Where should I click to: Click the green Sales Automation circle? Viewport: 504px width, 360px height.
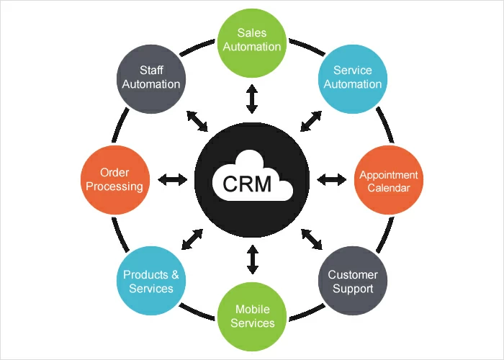pyautogui.click(x=251, y=40)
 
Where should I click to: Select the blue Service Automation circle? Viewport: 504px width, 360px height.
pyautogui.click(x=353, y=76)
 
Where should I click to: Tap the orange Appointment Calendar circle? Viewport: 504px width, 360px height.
pyautogui.click(x=389, y=180)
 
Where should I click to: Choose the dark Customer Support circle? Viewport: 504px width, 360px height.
pyautogui.click(x=352, y=282)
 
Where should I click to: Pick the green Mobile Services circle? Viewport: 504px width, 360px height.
pyautogui.click(x=252, y=316)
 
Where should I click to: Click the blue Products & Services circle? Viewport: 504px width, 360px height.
pyautogui.click(x=151, y=282)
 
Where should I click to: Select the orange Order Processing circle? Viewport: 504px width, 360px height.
pyautogui.click(x=114, y=180)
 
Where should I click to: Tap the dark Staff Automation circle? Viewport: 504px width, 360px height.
pyautogui.click(x=151, y=76)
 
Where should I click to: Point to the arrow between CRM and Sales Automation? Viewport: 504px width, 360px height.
pyautogui.click(x=251, y=99)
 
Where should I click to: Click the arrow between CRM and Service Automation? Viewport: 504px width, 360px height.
pyautogui.click(x=311, y=120)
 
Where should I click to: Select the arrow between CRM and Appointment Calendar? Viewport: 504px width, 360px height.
pyautogui.click(x=332, y=179)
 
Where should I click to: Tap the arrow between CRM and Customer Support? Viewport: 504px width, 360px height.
pyautogui.click(x=312, y=238)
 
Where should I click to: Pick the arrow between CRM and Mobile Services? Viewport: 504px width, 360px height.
pyautogui.click(x=252, y=259)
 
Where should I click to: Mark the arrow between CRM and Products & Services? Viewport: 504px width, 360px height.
pyautogui.click(x=192, y=238)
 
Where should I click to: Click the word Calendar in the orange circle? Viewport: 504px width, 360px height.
pyautogui.click(x=389, y=188)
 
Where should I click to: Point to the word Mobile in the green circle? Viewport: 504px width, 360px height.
pyautogui.click(x=252, y=310)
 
